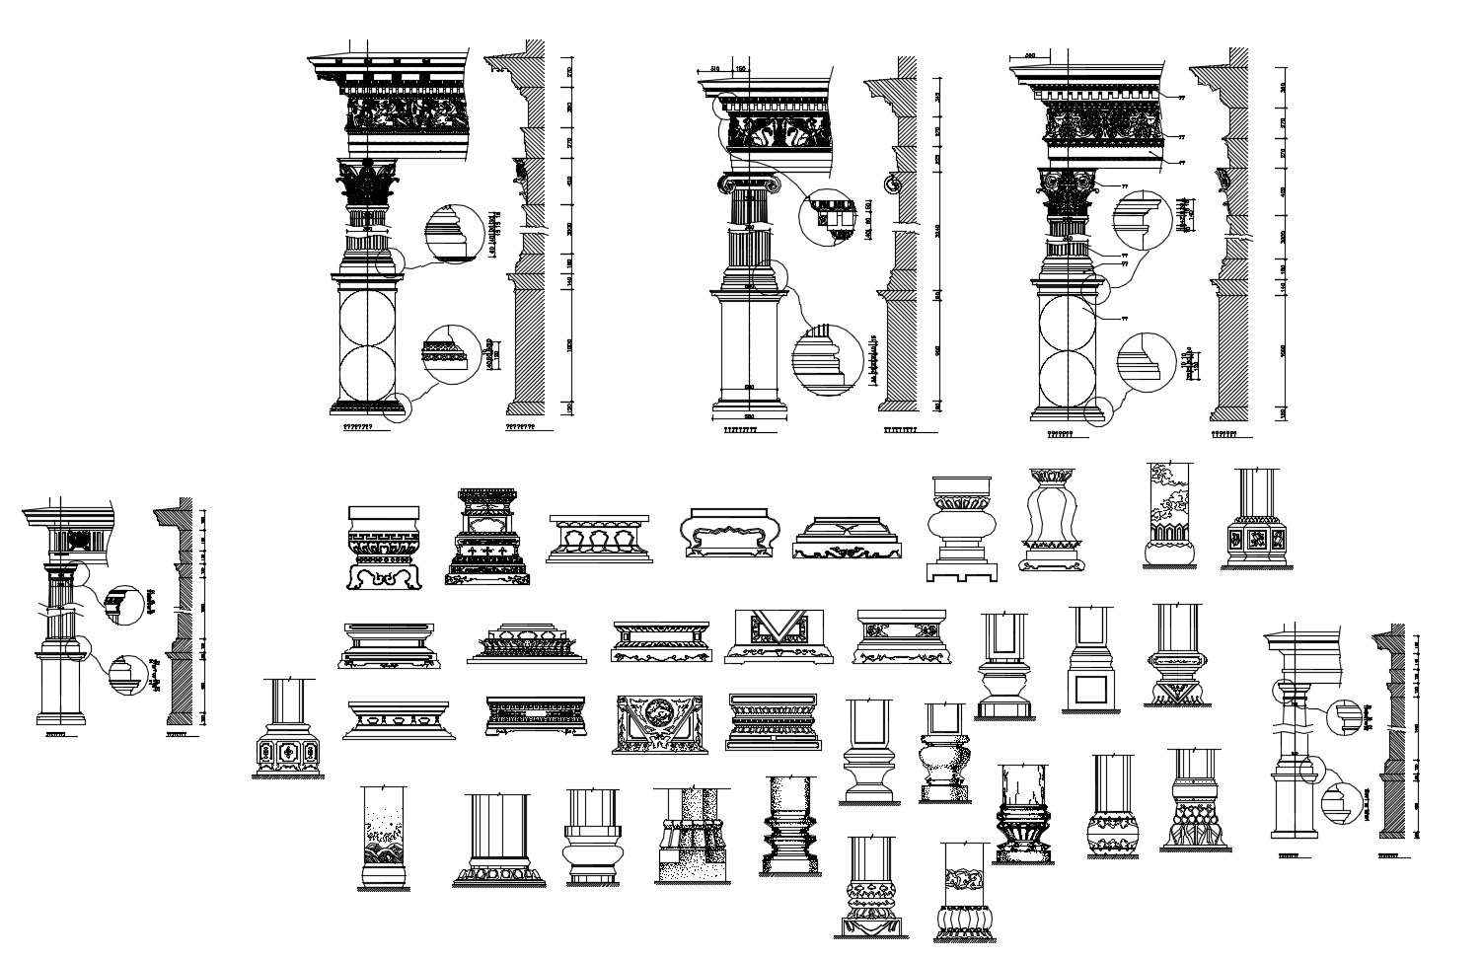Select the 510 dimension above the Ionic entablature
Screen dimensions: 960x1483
(x=714, y=70)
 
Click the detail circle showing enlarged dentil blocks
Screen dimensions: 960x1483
(x=827, y=217)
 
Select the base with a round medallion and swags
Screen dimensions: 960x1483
(x=658, y=725)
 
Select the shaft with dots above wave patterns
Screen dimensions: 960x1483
(x=384, y=837)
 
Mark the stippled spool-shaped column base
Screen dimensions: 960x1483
(x=789, y=827)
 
